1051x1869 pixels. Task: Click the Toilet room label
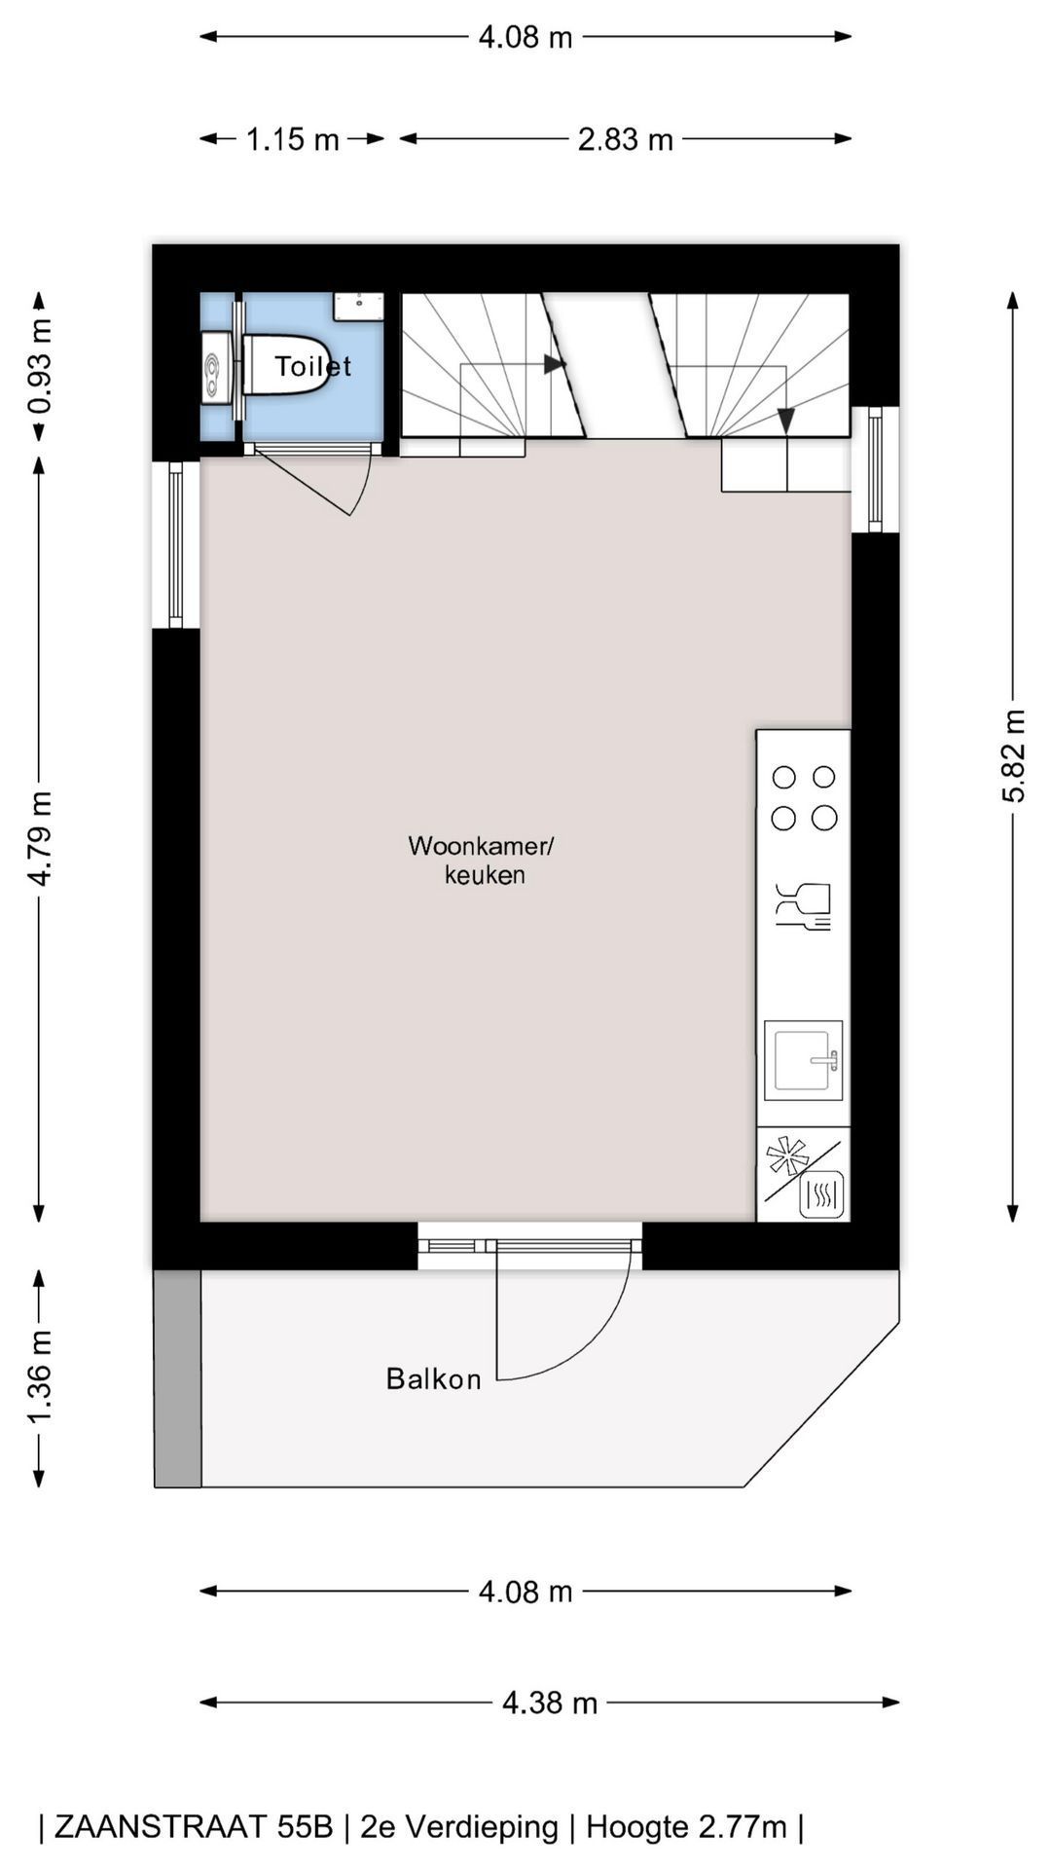click(x=312, y=366)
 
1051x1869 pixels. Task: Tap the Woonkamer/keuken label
click(x=482, y=860)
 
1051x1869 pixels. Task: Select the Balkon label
click(x=434, y=1378)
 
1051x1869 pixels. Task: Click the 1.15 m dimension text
click(x=292, y=139)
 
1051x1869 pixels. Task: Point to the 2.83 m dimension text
click(x=626, y=139)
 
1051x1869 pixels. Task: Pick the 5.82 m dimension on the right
click(x=1013, y=755)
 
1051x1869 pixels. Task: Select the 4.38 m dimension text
click(x=550, y=1703)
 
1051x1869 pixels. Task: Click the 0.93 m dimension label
click(x=40, y=366)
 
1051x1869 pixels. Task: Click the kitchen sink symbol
click(x=803, y=1060)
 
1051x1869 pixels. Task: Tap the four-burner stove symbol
click(x=804, y=797)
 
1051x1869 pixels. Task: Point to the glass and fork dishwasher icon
click(x=804, y=905)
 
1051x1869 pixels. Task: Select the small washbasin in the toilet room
click(x=358, y=307)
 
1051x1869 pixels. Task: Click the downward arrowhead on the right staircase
click(x=786, y=420)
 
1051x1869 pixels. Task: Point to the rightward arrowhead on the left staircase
click(x=555, y=364)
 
